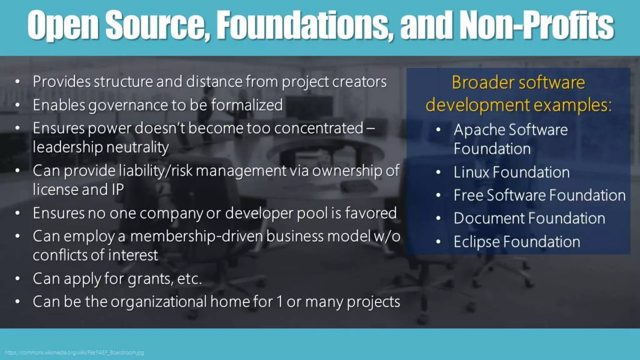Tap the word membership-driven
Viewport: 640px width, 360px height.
coord(196,236)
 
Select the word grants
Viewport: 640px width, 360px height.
coord(150,278)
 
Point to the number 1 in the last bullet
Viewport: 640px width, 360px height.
coord(279,302)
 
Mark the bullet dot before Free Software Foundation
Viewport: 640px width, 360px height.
coord(438,195)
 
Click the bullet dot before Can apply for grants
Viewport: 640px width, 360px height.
coord(17,278)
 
